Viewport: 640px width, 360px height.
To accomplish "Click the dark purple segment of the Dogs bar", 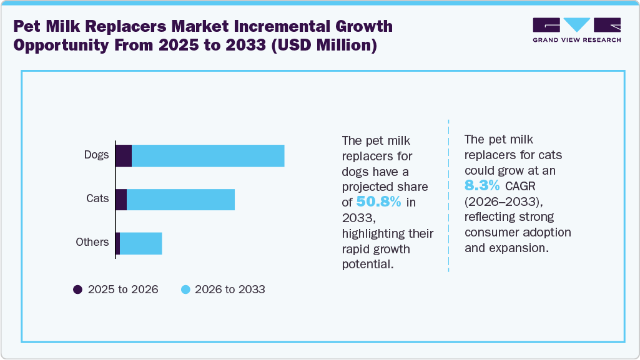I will click(x=124, y=156).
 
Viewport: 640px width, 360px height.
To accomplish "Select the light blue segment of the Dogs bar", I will click(x=208, y=156).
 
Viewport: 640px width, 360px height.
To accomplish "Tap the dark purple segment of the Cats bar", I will click(x=121, y=200).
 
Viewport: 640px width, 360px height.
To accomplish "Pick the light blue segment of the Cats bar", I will click(x=180, y=200).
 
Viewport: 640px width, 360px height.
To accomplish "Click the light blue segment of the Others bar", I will click(x=140, y=243).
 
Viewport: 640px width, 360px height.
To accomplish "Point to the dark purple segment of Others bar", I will click(x=117, y=243).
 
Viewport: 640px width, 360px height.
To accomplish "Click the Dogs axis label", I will click(x=97, y=155).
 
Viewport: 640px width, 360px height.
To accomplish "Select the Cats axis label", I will click(x=97, y=198).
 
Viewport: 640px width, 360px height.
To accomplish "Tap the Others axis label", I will click(x=92, y=242).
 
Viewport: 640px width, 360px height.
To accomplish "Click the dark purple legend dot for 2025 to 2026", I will click(x=78, y=289).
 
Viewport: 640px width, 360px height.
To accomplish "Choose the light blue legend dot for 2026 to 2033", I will click(x=185, y=289).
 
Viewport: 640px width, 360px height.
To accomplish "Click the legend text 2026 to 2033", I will click(x=230, y=289).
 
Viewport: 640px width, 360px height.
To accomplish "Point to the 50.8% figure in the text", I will click(x=378, y=202).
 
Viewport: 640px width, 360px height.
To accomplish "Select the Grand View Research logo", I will click(x=576, y=30).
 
